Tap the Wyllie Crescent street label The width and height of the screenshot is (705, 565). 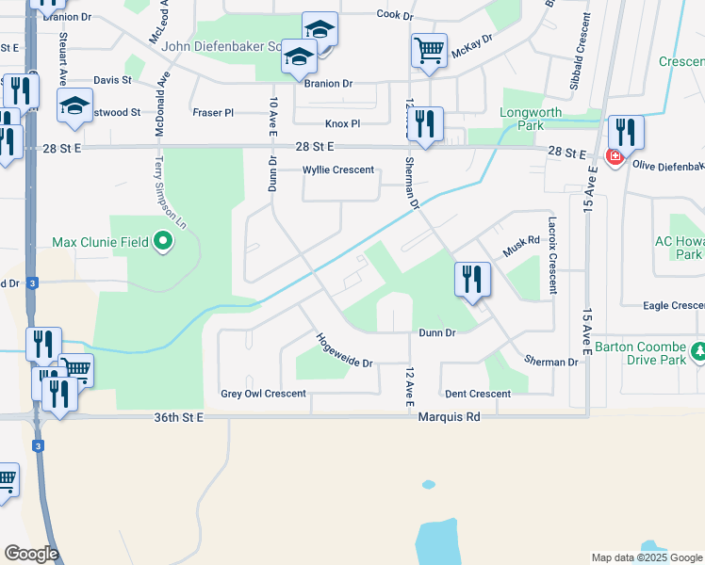(x=337, y=170)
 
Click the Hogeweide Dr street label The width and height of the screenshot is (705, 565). (x=344, y=350)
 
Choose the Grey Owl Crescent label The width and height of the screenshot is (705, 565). (x=263, y=394)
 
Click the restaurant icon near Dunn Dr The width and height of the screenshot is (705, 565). (x=472, y=280)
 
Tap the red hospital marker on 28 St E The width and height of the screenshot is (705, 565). (x=615, y=156)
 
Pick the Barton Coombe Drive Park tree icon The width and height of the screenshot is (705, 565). (x=698, y=352)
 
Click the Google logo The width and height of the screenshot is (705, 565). (x=31, y=554)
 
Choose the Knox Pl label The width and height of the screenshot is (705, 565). (x=342, y=123)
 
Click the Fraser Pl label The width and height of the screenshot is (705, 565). (x=212, y=112)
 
